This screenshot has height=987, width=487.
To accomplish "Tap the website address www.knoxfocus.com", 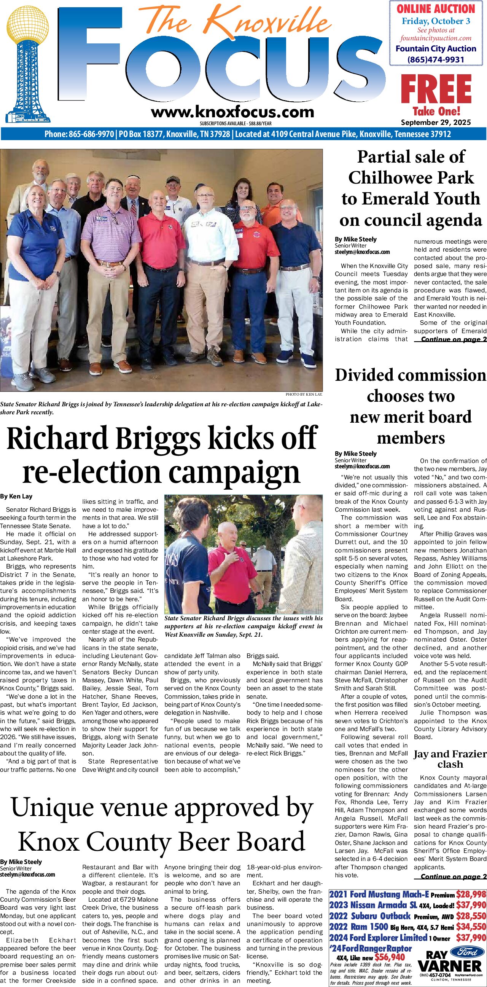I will tap(232, 112).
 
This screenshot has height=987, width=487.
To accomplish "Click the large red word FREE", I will tap(436, 89).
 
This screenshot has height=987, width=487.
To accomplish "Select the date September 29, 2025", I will tap(436, 123).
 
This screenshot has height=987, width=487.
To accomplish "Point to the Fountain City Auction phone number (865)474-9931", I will tap(436, 59).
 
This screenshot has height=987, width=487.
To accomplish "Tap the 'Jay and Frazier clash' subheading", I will tap(450, 759).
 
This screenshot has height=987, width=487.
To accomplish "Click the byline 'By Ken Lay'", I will tap(16, 496).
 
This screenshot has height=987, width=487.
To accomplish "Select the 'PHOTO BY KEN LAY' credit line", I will tap(304, 394).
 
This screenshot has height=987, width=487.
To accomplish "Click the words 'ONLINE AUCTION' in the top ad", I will tap(436, 9).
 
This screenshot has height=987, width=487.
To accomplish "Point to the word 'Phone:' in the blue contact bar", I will tap(56, 134).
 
